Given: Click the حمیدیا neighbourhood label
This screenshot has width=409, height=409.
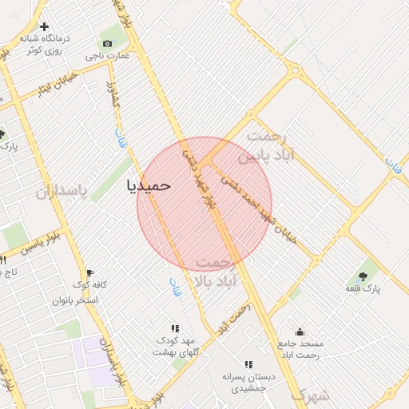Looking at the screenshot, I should pyautogui.click(x=149, y=185).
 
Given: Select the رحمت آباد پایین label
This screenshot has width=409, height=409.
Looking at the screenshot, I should pyautogui.click(x=271, y=145).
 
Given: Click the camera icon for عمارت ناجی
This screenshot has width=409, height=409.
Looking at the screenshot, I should pyautogui.click(x=108, y=43).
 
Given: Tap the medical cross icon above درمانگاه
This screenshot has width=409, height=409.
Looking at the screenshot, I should pyautogui.click(x=43, y=26).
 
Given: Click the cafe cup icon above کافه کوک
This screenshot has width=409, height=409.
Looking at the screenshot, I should pyautogui.click(x=89, y=272).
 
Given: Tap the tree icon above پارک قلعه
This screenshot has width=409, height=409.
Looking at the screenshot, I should pyautogui.click(x=363, y=275).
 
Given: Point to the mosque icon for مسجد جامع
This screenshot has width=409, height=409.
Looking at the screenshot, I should pyautogui.click(x=300, y=332).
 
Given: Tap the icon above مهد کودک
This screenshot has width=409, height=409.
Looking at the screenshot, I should pyautogui.click(x=175, y=328).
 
